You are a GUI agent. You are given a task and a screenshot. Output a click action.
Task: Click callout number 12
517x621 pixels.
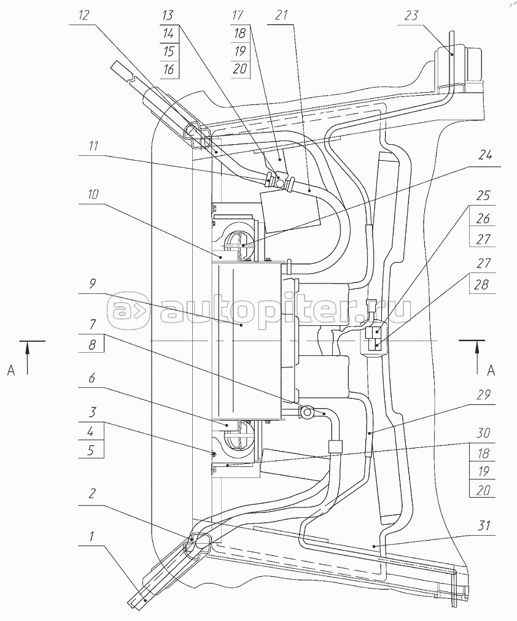point(84,15)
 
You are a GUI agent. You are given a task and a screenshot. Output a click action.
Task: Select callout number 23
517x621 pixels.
point(411,16)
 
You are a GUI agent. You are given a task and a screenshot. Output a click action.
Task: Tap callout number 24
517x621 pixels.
point(484,156)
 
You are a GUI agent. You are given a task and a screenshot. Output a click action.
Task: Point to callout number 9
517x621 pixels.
point(92,284)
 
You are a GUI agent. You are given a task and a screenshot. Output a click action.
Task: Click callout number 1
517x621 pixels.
point(91,537)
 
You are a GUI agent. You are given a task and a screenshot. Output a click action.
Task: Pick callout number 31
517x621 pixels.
point(484,525)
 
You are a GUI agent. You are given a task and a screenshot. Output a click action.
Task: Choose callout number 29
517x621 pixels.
point(483,395)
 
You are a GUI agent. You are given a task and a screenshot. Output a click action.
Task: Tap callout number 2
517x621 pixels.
point(92,494)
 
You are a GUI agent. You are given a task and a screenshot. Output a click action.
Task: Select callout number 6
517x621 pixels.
point(92,378)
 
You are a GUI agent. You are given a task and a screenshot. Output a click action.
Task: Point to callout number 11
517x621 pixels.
point(92,147)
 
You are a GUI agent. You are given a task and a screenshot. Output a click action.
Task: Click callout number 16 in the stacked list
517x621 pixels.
point(168,69)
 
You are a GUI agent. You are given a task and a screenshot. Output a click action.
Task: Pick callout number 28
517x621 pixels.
point(482,285)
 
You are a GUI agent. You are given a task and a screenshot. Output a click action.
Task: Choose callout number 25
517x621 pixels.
point(483,196)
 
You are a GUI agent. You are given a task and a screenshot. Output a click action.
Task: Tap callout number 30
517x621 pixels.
point(483,433)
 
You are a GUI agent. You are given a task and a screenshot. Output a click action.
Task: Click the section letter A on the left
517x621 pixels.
point(11,370)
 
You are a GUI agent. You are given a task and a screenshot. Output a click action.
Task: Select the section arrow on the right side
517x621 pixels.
point(477,357)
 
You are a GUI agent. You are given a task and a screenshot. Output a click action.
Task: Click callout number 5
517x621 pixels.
point(91,451)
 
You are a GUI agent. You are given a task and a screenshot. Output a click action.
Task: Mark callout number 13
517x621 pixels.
point(168,15)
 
